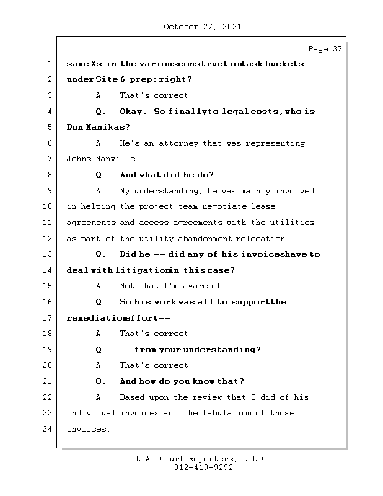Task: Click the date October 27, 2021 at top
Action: pyautogui.click(x=203, y=27)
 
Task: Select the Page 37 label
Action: pyautogui.click(x=325, y=49)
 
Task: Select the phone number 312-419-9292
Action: pyautogui.click(x=203, y=468)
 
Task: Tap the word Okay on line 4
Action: pyautogui.click(x=133, y=112)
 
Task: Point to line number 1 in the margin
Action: pyautogui.click(x=50, y=64)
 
